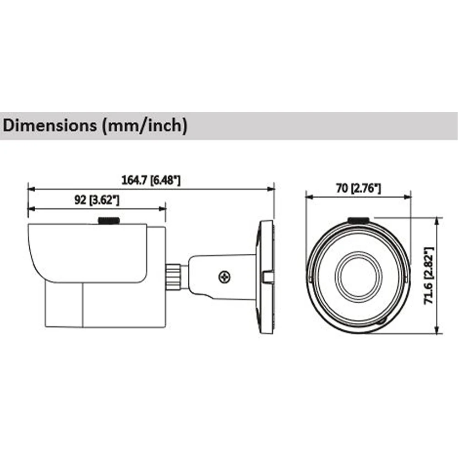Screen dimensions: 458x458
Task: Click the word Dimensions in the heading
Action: tap(49, 125)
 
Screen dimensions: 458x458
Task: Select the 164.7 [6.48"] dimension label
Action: tap(151, 180)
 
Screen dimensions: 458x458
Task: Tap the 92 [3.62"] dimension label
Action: tap(97, 200)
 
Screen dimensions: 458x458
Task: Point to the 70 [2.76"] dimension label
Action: tap(359, 188)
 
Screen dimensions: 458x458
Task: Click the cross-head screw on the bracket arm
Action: tap(225, 277)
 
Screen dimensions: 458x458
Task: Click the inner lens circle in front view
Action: tap(358, 277)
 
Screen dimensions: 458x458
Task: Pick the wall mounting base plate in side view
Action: tap(265, 278)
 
